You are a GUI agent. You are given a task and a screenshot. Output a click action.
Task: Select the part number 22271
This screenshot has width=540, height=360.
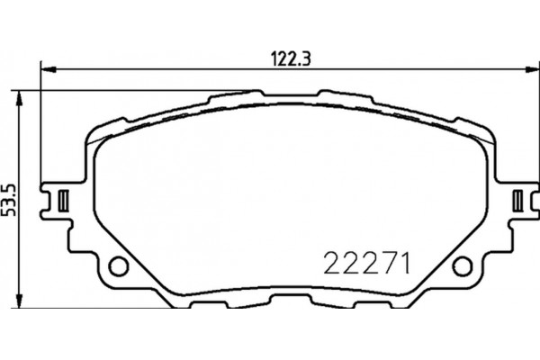[366, 264]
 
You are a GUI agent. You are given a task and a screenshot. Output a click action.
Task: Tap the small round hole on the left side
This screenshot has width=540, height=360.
[116, 265]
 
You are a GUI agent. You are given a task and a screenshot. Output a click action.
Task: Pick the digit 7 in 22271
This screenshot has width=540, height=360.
[385, 264]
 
